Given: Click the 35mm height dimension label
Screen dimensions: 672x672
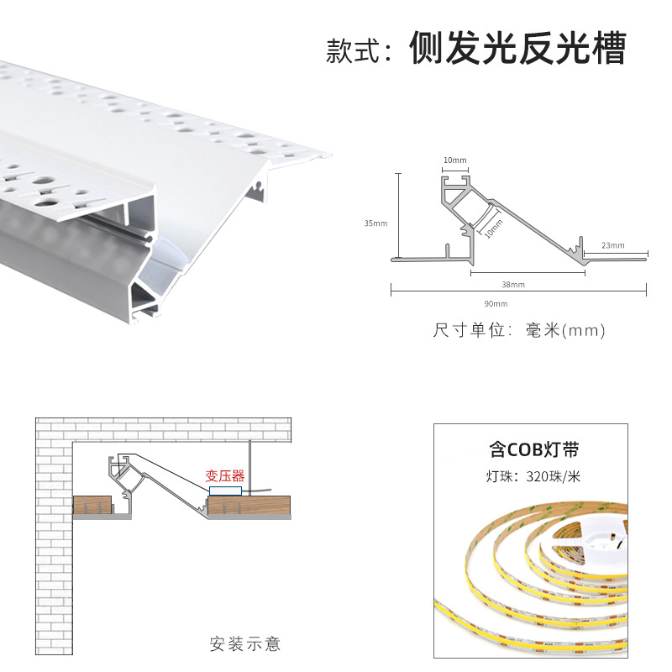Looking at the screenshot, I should pyautogui.click(x=375, y=223).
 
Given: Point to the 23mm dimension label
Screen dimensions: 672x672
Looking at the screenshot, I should pyautogui.click(x=613, y=245).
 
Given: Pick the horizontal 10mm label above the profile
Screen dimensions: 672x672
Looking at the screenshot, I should pyautogui.click(x=455, y=160).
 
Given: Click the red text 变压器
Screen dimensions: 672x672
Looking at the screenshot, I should pyautogui.click(x=225, y=475).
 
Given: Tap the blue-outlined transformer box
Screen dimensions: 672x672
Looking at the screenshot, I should pyautogui.click(x=225, y=489).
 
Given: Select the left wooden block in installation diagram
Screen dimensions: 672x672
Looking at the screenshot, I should pyautogui.click(x=93, y=507).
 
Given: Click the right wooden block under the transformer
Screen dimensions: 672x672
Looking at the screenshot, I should pyautogui.click(x=249, y=507).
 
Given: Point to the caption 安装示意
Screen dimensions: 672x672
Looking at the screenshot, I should pyautogui.click(x=245, y=644).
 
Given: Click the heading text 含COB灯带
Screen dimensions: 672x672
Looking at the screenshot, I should pyautogui.click(x=534, y=449).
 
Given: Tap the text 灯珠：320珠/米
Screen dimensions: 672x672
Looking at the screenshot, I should pyautogui.click(x=533, y=477).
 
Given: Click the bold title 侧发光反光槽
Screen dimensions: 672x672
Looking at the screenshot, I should pyautogui.click(x=517, y=50).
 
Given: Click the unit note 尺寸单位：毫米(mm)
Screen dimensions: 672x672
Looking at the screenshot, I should pyautogui.click(x=518, y=330).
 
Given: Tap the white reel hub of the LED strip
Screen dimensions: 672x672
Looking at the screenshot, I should pyautogui.click(x=603, y=538).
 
